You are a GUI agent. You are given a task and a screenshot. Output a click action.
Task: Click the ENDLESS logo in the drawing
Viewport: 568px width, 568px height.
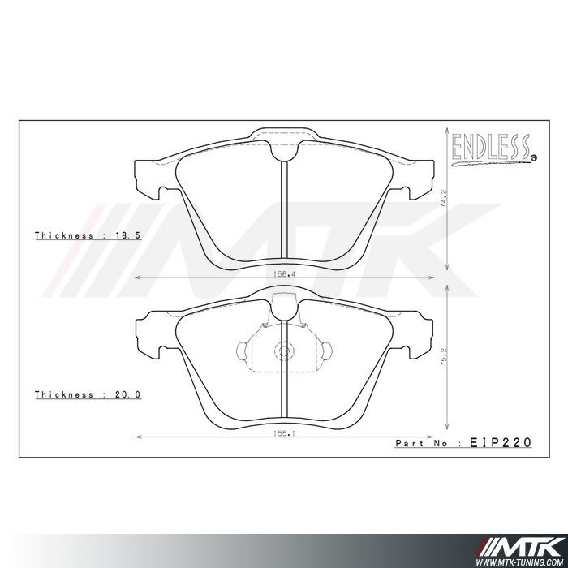pyautogui.click(x=492, y=148)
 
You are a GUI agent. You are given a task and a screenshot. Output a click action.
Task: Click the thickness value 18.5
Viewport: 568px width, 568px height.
pyautogui.click(x=130, y=235)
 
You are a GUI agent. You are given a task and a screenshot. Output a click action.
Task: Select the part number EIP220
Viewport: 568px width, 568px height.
pyautogui.click(x=501, y=443)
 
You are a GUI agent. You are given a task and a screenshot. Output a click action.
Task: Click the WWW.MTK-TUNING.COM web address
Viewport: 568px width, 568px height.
pyautogui.click(x=520, y=560)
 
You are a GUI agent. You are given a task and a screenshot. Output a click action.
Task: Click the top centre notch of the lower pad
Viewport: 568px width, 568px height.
pyautogui.click(x=282, y=305)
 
